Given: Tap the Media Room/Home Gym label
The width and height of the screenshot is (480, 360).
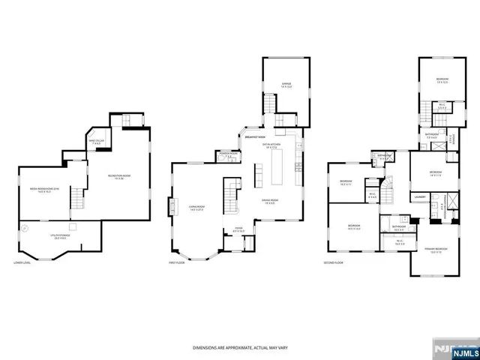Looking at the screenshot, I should coord(44,190).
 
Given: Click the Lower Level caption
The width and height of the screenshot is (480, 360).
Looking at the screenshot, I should coord(22,263).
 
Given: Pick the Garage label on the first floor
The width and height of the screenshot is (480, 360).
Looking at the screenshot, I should coord(286,84).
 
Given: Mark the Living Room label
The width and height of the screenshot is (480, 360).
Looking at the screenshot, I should coord(197,210).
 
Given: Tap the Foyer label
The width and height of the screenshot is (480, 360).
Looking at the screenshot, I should coord(238,229).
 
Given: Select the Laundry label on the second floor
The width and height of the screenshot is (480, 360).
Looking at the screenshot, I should coord(419,197).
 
